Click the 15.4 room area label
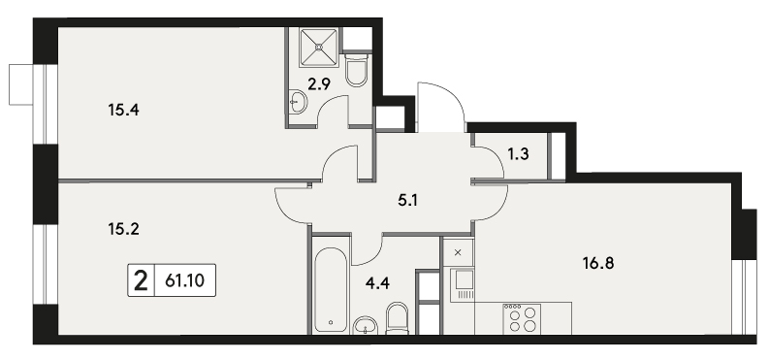(x=123, y=111)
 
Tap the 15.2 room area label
(x=123, y=229)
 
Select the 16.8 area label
(x=598, y=264)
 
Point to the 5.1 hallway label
(x=407, y=200)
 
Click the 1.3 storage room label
(x=518, y=154)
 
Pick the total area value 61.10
(x=185, y=281)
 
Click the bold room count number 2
(x=141, y=281)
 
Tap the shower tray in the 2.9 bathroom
(x=319, y=47)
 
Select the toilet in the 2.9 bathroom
(x=357, y=71)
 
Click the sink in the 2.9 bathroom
(x=297, y=102)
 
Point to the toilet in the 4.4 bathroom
(x=398, y=318)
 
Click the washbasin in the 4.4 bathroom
(x=366, y=325)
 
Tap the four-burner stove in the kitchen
(x=523, y=319)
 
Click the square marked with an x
(x=458, y=252)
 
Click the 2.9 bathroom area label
(x=319, y=84)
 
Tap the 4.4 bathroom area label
(x=378, y=283)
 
